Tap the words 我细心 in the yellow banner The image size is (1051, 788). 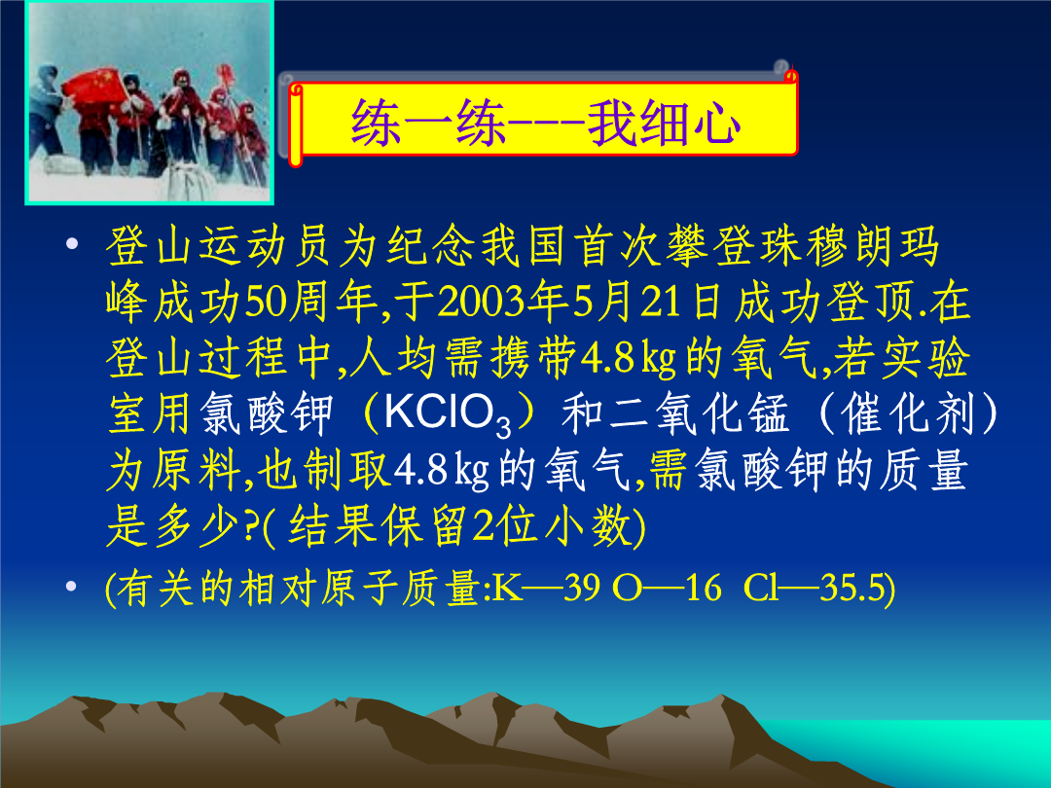tap(665, 123)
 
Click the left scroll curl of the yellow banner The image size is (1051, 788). tap(296, 125)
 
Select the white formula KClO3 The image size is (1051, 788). tap(447, 414)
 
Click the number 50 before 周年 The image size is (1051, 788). tap(266, 303)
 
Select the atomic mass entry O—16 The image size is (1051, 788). tap(667, 588)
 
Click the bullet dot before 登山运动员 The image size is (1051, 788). tap(72, 244)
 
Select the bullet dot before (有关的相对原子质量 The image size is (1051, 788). tap(71, 587)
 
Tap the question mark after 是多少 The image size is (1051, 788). tap(251, 526)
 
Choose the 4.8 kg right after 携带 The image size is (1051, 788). tap(628, 358)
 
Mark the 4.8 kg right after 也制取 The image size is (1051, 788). tap(441, 471)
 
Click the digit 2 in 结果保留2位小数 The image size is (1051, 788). tap(484, 526)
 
